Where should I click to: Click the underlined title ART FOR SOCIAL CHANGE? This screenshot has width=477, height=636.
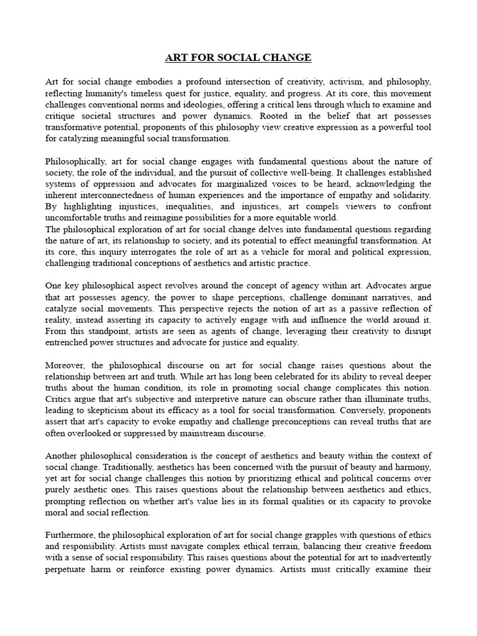click(238, 58)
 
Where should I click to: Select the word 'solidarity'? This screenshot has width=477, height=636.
click(409, 196)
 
